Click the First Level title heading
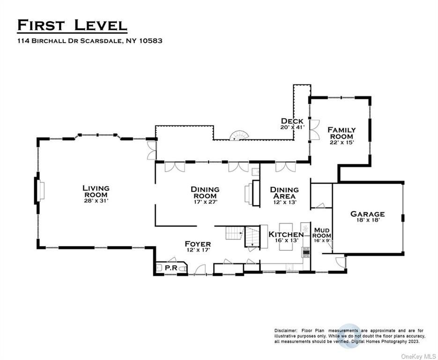click(x=72, y=25)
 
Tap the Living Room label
click(x=96, y=191)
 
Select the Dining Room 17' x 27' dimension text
click(x=205, y=202)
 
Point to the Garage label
click(x=367, y=214)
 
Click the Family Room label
click(x=341, y=133)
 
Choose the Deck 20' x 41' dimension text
click(x=292, y=127)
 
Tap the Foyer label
click(x=198, y=244)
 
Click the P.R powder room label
click(x=171, y=268)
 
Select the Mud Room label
click(x=322, y=233)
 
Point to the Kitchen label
click(x=286, y=234)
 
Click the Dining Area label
click(x=284, y=193)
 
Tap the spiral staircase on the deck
click(x=239, y=135)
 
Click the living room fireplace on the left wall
click(x=39, y=191)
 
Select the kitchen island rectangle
click(x=286, y=237)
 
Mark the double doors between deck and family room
click(x=314, y=130)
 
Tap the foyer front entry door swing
click(x=200, y=269)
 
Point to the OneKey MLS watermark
click(x=418, y=356)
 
